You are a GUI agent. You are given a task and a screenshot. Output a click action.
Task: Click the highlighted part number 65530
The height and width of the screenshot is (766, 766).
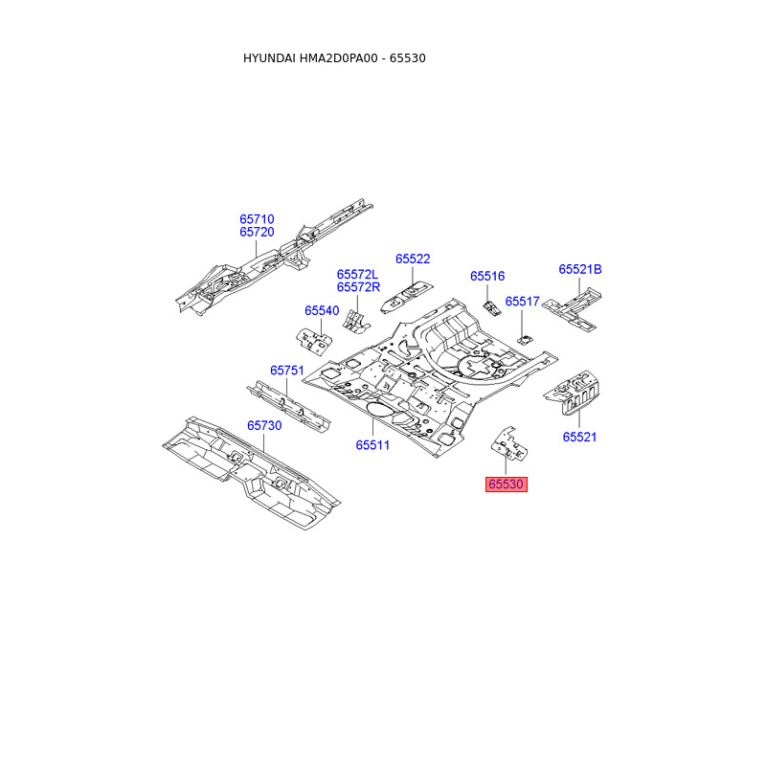507,484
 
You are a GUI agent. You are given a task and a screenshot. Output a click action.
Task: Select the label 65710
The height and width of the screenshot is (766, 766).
257,219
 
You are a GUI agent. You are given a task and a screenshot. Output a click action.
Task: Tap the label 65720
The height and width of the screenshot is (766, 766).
257,233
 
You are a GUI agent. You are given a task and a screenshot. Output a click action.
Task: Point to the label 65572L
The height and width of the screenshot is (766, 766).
358,274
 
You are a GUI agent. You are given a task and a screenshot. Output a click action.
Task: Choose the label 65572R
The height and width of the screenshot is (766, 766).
358,287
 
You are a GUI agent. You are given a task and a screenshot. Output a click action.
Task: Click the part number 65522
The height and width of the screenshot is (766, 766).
413,259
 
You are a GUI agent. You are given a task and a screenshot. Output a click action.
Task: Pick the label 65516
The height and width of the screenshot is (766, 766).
486,276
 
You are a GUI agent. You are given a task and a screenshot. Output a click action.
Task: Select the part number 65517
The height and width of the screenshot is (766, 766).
523,301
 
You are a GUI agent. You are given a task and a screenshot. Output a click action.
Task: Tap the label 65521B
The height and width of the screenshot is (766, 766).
580,269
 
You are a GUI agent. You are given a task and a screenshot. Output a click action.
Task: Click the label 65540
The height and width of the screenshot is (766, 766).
322,310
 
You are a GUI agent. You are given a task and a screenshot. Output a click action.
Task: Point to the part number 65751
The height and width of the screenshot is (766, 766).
286,370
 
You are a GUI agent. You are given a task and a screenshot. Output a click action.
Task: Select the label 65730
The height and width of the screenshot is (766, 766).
264,425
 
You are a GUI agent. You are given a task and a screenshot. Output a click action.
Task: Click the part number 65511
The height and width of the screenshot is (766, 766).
372,444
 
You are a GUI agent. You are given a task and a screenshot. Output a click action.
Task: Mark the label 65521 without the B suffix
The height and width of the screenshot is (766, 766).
579,437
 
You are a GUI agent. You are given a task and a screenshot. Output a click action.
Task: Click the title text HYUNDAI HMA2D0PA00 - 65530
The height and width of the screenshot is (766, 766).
334,58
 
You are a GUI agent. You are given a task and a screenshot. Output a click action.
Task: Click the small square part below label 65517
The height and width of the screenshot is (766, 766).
525,338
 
